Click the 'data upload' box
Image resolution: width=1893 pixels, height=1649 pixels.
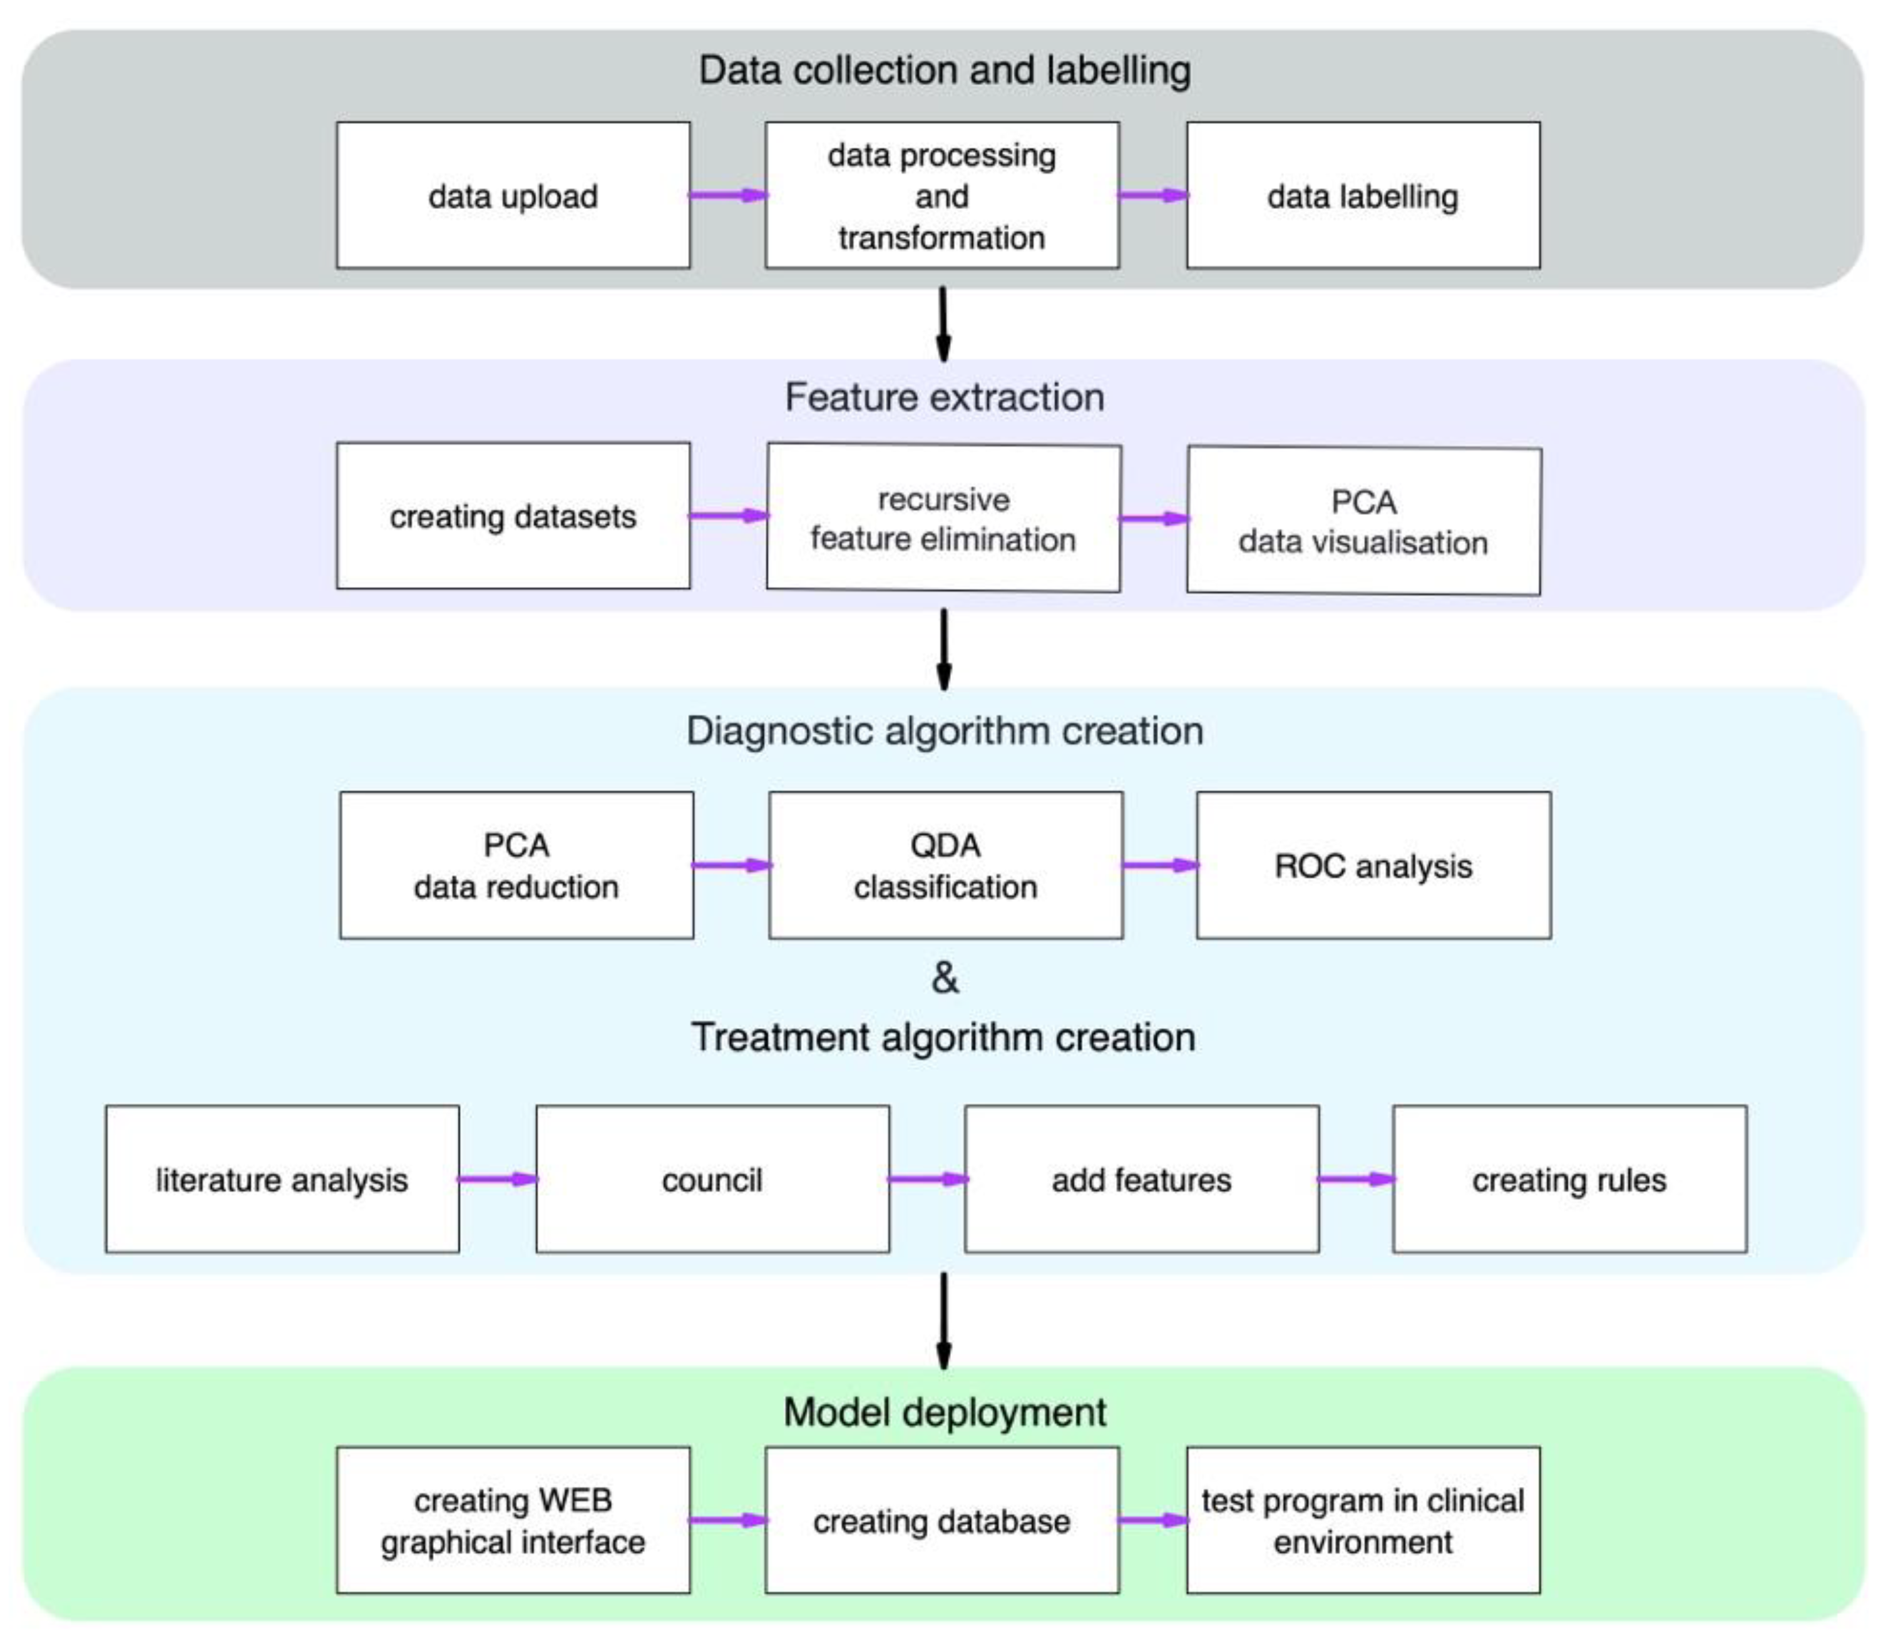coord(513,195)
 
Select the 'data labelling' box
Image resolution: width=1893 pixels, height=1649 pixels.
coord(1362,195)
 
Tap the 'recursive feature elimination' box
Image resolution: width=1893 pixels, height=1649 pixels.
coord(943,518)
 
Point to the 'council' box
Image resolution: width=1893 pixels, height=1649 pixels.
coord(712,1179)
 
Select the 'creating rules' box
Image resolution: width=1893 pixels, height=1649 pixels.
coord(1569,1179)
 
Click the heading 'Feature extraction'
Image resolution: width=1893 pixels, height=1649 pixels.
coord(944,397)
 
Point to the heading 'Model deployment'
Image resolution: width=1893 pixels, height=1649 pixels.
coord(944,1412)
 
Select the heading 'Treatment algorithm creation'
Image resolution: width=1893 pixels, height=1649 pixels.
coord(943,1037)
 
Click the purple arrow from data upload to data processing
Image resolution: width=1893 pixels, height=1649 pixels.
coord(728,195)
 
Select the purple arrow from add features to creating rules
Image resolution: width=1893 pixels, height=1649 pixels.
coord(1355,1179)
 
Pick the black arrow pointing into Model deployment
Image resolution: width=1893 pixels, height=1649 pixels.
coord(943,1320)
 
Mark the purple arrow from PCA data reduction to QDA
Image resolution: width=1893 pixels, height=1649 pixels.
coord(732,865)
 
